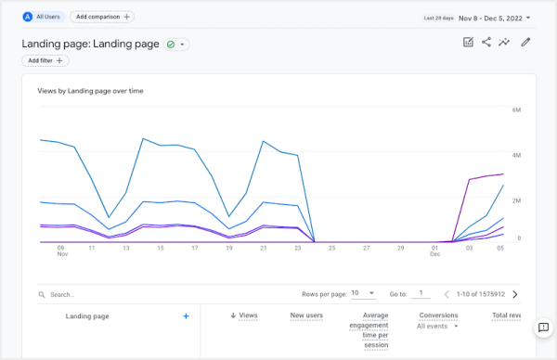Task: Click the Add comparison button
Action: [x=102, y=17]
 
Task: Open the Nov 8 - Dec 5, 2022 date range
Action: [x=492, y=17]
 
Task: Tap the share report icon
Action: [x=486, y=43]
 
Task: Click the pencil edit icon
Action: [x=525, y=43]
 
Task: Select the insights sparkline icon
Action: [x=505, y=43]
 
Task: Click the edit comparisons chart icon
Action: [x=468, y=43]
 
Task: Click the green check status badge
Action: [x=175, y=44]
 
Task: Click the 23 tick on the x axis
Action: [x=297, y=248]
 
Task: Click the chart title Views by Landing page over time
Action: [x=90, y=91]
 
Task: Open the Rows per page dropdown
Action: [x=362, y=293]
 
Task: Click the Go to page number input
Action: [x=421, y=293]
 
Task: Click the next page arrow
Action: [x=515, y=294]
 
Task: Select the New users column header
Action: [x=305, y=315]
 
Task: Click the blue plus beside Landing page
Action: [x=186, y=316]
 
